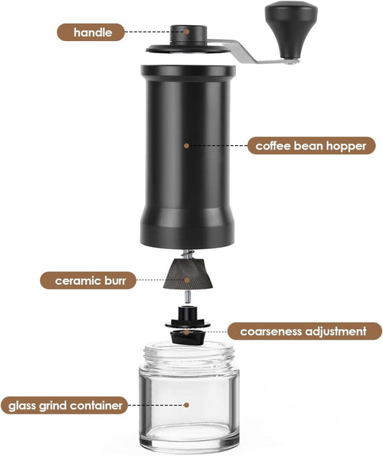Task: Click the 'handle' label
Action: pyautogui.click(x=91, y=32)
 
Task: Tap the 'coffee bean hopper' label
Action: pyautogui.click(x=311, y=146)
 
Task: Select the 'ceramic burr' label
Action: pyautogui.click(x=88, y=281)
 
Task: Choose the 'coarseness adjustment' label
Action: pyautogui.click(x=305, y=331)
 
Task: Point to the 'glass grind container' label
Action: pyautogui.click(x=65, y=406)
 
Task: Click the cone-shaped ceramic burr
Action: pyautogui.click(x=188, y=274)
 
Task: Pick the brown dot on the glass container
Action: pyautogui.click(x=187, y=405)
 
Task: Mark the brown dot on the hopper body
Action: pyautogui.click(x=187, y=146)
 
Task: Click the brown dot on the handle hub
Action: pyautogui.click(x=187, y=32)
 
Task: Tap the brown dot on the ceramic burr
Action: pyautogui.click(x=187, y=280)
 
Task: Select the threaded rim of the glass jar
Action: pyautogui.click(x=189, y=353)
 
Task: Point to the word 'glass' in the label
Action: pyautogui.click(x=22, y=406)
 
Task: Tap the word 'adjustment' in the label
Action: pyautogui.click(x=336, y=332)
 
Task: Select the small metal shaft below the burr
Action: pyautogui.click(x=188, y=297)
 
